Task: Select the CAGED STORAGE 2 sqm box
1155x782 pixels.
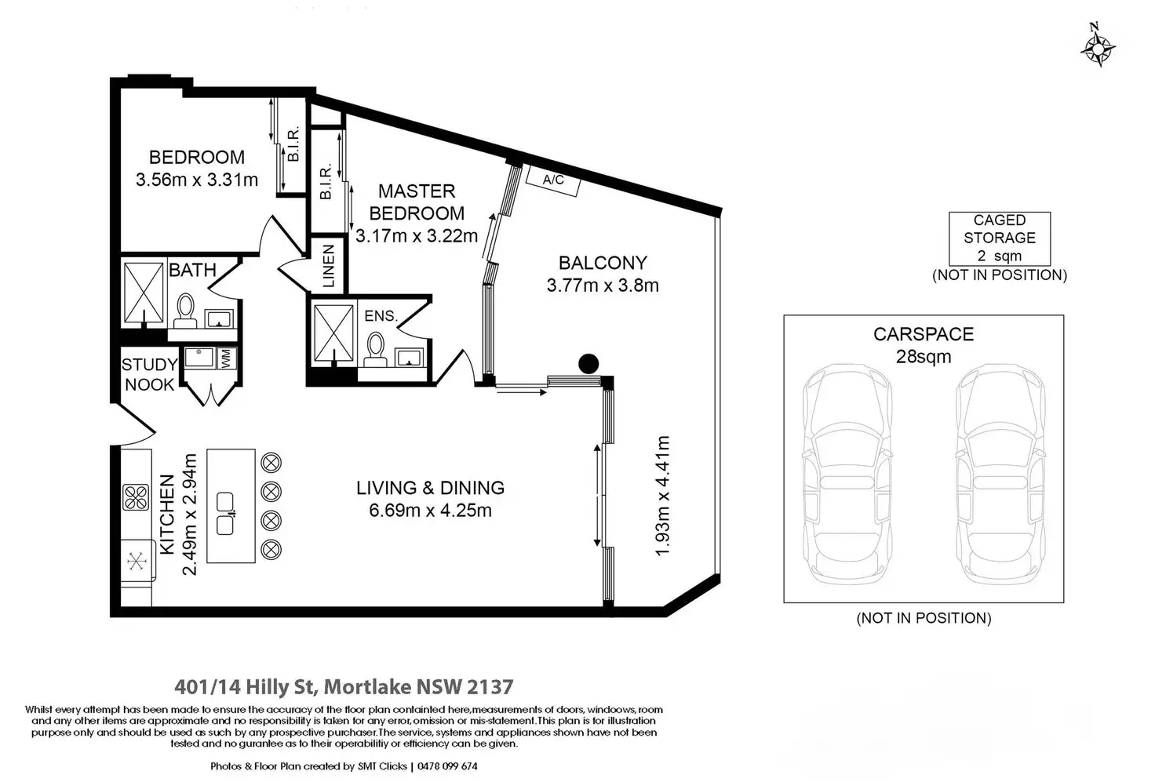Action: [x=1000, y=238]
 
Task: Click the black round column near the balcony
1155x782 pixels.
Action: [x=588, y=363]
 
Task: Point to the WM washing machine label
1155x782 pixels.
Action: [x=226, y=358]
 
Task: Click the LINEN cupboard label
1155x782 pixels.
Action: [x=329, y=266]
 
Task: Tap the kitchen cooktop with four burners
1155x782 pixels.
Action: [x=136, y=497]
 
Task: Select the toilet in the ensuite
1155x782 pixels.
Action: [x=375, y=349]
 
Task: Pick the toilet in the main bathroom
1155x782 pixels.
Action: [x=185, y=311]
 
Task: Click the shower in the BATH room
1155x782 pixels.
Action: [x=144, y=293]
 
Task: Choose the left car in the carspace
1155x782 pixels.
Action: [x=847, y=475]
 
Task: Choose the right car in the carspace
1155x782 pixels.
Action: [x=1000, y=475]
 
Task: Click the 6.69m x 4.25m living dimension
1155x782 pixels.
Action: [x=430, y=511]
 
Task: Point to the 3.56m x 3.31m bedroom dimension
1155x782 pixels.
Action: [x=197, y=180]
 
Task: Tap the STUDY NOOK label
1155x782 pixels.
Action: [x=150, y=375]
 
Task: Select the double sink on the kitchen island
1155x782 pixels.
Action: [x=225, y=514]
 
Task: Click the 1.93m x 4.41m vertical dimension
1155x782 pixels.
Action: [x=662, y=496]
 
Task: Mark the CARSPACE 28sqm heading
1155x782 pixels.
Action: [x=924, y=345]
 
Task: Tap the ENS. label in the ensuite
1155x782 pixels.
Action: [x=381, y=315]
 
